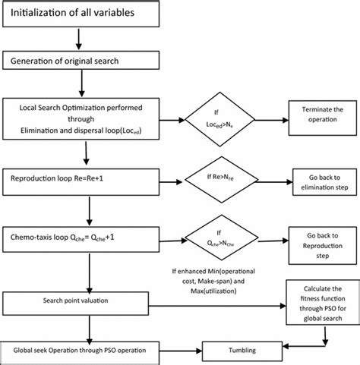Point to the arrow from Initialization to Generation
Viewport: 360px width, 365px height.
pos(77,38)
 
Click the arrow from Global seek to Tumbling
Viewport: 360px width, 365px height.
pos(194,350)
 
